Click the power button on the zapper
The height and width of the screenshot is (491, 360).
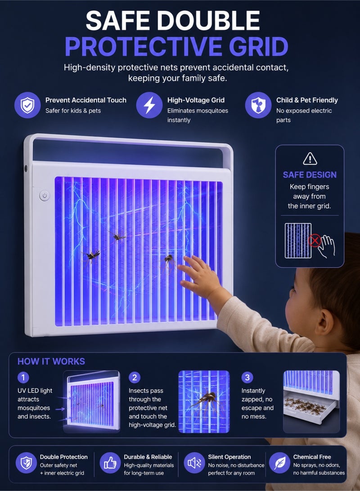pyautogui.click(x=45, y=196)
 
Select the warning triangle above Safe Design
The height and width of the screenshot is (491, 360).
pyautogui.click(x=310, y=158)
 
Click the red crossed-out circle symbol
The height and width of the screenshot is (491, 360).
pyautogui.click(x=314, y=241)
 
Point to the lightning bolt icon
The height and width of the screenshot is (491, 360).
pyautogui.click(x=149, y=105)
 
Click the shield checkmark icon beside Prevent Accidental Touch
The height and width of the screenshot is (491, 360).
pyautogui.click(x=27, y=105)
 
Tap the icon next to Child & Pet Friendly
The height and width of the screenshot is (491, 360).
pyautogui.click(x=258, y=105)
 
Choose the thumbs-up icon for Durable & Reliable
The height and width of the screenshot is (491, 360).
pyautogui.click(x=110, y=463)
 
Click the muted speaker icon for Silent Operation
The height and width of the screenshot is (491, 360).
pyautogui.click(x=194, y=463)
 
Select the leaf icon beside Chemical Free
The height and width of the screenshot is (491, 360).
pyautogui.click(x=279, y=463)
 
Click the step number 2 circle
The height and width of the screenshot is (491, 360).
pyautogui.click(x=135, y=377)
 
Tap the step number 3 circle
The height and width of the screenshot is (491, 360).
pyautogui.click(x=247, y=377)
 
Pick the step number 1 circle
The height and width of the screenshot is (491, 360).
pyautogui.click(x=23, y=377)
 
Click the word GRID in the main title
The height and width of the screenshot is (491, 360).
pyautogui.click(x=258, y=47)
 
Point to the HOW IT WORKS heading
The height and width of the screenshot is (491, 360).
pyautogui.click(x=51, y=362)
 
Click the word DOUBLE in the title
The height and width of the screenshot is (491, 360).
pyautogui.click(x=208, y=21)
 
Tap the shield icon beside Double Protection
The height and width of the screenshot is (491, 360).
pyautogui.click(x=26, y=463)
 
